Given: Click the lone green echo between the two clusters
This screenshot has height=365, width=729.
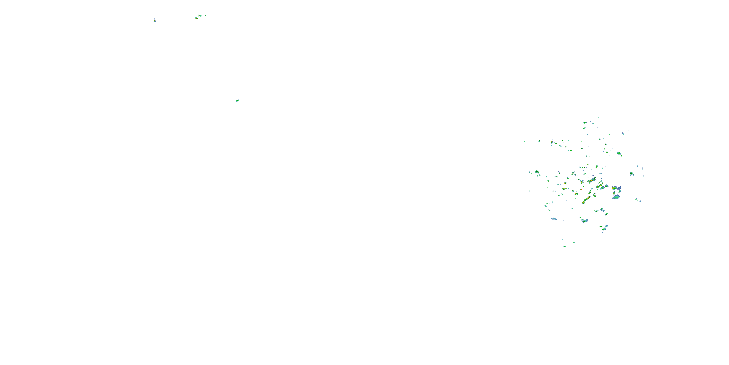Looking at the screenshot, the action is tap(237, 100).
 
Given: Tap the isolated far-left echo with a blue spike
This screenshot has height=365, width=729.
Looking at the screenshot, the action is tap(155, 20).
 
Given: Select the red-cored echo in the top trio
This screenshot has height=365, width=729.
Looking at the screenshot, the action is tap(200, 16).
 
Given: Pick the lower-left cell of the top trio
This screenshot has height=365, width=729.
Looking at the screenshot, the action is tap(196, 18).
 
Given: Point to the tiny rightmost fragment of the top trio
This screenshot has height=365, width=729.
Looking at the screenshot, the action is tap(205, 15).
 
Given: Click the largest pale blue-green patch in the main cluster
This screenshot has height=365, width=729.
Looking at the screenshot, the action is tap(616, 197).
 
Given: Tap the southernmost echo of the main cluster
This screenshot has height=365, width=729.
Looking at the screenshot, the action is tap(564, 246).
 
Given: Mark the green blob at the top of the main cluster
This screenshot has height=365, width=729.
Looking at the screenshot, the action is tap(585, 123).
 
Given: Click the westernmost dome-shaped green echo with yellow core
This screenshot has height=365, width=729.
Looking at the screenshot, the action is tap(537, 172).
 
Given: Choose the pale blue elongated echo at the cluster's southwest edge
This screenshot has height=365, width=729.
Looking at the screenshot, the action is tap(554, 219).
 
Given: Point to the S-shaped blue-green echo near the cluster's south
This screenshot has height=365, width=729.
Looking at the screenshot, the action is tap(605, 228).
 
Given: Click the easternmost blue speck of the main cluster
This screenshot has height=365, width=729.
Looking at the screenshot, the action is tap(640, 201).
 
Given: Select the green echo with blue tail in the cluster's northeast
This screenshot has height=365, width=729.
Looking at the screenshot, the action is tap(619, 153).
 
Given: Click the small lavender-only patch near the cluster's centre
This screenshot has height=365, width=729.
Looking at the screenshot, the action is tap(593, 175).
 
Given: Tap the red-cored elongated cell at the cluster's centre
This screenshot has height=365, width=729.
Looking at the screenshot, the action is tap(592, 180).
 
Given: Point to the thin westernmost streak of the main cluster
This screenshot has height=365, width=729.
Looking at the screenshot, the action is tap(524, 142).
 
